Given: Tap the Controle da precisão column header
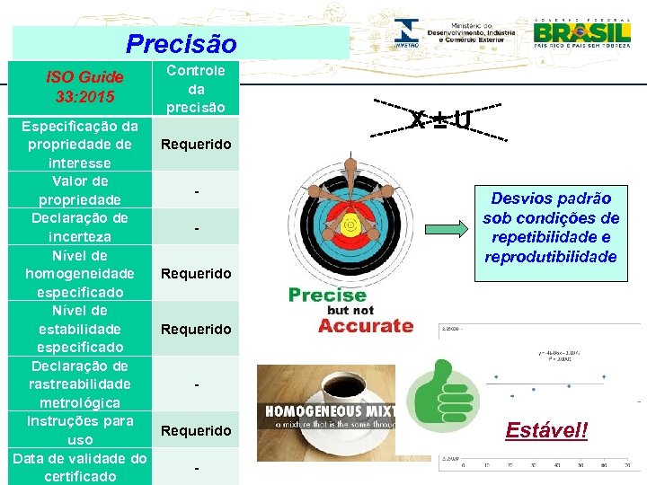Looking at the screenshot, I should point(196,89).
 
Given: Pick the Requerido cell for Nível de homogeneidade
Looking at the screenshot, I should point(196,273).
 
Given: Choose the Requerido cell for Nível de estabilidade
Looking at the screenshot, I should point(196,329).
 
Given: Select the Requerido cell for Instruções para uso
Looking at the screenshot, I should point(196,430).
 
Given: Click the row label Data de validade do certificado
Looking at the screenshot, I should point(80,467).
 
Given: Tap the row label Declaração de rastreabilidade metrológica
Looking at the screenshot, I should point(80,384).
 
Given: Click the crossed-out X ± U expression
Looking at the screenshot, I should point(439,119).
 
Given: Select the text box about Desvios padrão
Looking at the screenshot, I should point(551,227).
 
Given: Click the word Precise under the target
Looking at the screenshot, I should point(327,295).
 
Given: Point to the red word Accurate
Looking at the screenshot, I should point(366,325).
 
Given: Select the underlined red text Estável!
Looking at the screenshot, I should point(546,429).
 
